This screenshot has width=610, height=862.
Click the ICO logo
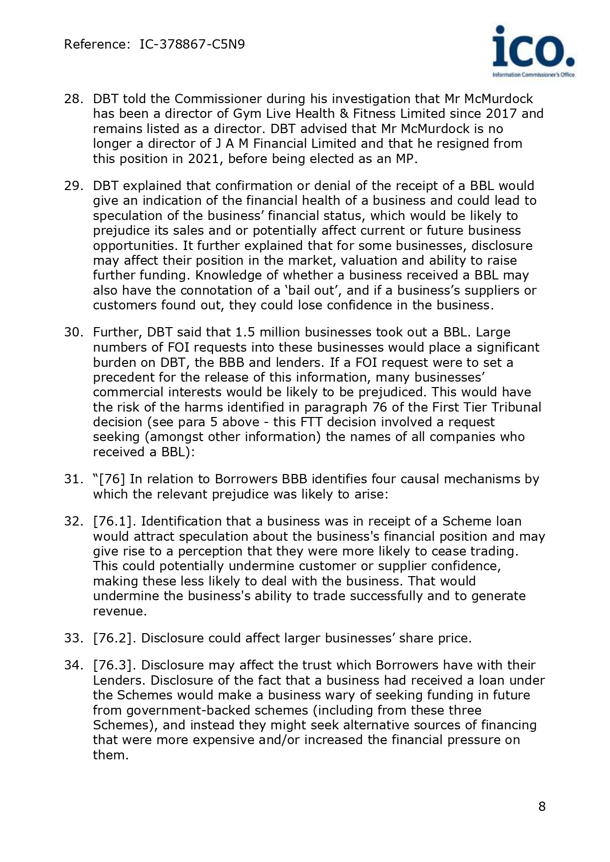pyautogui.click(x=533, y=51)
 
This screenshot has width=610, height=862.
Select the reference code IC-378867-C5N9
pyautogui.click(x=192, y=45)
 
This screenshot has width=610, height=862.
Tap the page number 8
pyautogui.click(x=542, y=806)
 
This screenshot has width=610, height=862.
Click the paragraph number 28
pyautogui.click(x=72, y=99)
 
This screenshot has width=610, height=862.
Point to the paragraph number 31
pyautogui.click(x=72, y=479)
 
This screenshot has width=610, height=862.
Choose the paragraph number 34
pyautogui.click(x=72, y=666)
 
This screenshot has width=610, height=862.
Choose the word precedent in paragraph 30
pyautogui.click(x=124, y=377)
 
